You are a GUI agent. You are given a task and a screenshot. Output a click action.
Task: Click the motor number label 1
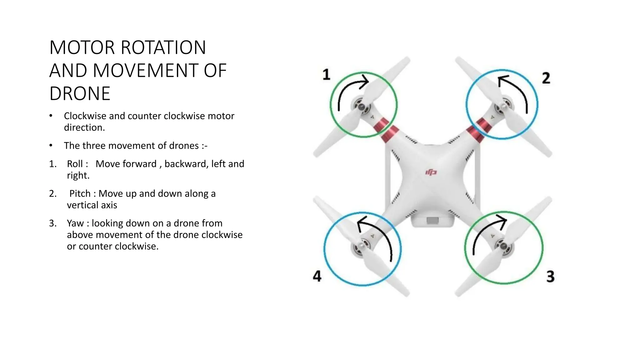326,75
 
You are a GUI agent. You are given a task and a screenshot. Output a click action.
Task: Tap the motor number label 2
546,78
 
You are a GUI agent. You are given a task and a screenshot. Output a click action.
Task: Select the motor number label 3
550,276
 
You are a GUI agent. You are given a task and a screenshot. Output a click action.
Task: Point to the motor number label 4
317,276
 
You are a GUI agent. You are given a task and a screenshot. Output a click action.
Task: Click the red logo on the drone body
431,172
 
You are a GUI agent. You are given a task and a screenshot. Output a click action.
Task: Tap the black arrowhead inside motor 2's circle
502,80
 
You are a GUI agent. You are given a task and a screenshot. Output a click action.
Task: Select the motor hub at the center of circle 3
503,246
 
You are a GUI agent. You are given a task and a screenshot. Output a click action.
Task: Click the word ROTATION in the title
163,47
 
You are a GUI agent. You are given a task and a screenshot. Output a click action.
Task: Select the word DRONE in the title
80,93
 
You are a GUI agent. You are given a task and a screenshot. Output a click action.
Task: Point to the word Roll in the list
75,164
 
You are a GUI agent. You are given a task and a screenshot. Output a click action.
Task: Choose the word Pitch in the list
80,193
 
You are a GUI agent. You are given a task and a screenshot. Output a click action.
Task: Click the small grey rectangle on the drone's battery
432,221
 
